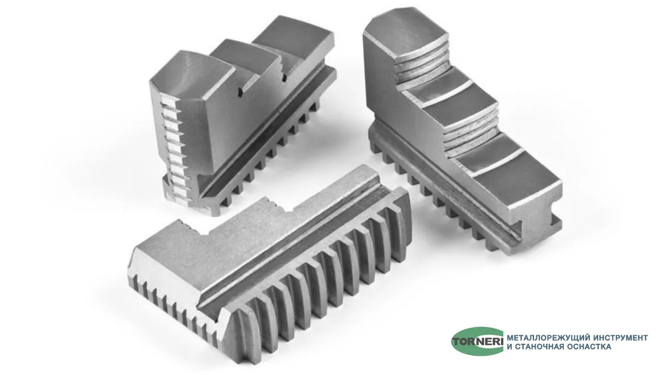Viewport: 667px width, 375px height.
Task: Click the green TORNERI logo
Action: pos(477,341)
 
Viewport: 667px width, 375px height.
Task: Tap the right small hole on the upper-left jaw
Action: pos(284,78)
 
